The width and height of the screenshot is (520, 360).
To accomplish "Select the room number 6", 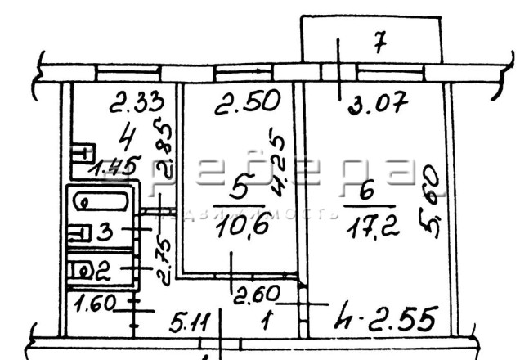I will [x=366, y=191].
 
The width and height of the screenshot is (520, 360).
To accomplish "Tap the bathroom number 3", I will [x=105, y=232].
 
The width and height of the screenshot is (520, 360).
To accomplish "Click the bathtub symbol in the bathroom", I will [x=101, y=201].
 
